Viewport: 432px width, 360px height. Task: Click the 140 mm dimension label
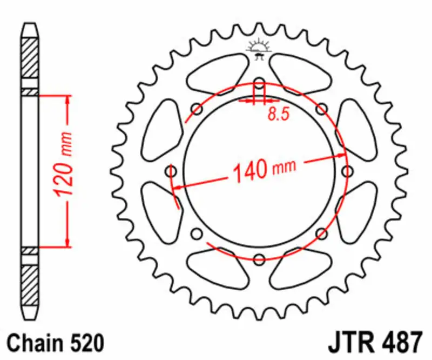tap(264, 170)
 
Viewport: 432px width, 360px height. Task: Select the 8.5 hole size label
tap(276, 115)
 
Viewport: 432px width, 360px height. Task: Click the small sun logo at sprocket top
tap(258, 47)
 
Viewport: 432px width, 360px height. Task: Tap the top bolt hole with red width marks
tap(259, 84)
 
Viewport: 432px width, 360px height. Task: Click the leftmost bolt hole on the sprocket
tap(172, 171)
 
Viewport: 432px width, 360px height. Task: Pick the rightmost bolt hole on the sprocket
tap(346, 171)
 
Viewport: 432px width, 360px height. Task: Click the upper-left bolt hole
tap(197, 110)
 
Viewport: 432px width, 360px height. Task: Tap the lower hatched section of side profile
tap(30, 286)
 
